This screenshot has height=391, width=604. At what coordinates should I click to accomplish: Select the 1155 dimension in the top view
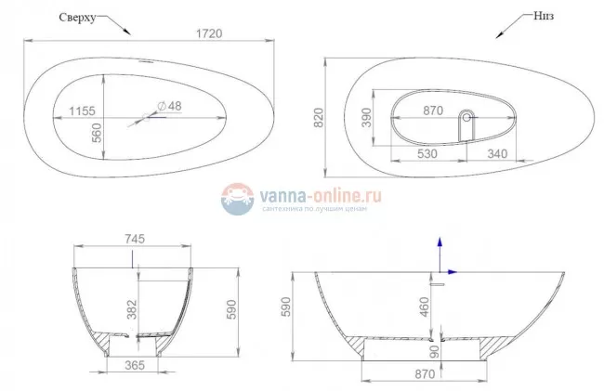pyautogui.click(x=82, y=111)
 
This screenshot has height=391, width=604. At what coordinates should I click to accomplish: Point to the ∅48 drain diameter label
pyautogui.click(x=168, y=106)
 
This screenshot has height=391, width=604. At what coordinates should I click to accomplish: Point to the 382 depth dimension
pyautogui.click(x=133, y=306)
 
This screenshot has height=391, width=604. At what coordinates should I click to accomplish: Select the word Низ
pyautogui.click(x=547, y=17)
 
